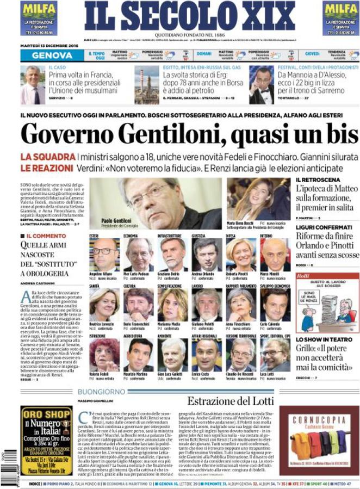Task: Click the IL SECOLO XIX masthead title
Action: [x=182, y=16]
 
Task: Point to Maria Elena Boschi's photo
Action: [x=250, y=199]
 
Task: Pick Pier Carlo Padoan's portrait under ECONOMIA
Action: [x=139, y=255]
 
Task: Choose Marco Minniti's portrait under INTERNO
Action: [x=275, y=255]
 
